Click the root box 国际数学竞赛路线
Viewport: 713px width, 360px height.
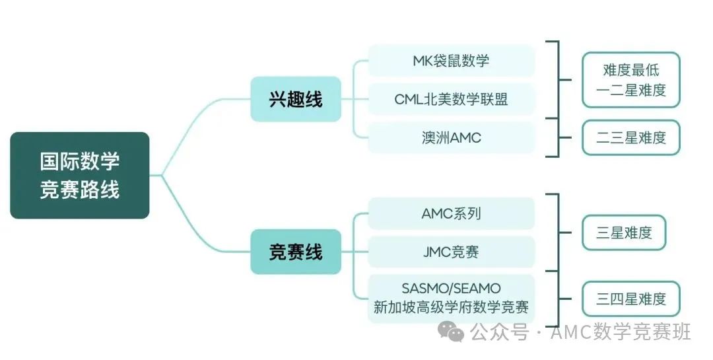coord(80,175)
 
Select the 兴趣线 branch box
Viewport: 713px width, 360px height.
coord(296,99)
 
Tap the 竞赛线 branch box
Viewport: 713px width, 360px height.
coord(296,252)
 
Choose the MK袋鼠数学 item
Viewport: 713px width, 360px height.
coord(451,61)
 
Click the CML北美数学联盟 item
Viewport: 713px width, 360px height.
coord(451,99)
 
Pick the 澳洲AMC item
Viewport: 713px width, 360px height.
coord(451,137)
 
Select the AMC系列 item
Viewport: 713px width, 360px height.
coord(451,213)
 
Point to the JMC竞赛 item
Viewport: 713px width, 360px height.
coord(451,252)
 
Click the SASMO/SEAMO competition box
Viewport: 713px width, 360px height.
coord(451,299)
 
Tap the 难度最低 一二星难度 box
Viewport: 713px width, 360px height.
coord(631,80)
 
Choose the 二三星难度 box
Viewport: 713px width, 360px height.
coord(631,137)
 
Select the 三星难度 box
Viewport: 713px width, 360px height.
coord(624,233)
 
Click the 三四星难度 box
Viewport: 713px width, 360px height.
coord(631,299)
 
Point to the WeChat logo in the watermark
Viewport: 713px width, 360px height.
coord(450,332)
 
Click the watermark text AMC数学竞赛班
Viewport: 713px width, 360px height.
coord(621,332)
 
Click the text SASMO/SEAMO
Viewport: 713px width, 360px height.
coord(451,289)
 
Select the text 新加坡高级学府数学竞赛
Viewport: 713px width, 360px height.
coord(451,307)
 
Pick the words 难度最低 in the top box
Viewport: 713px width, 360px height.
coord(631,69)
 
